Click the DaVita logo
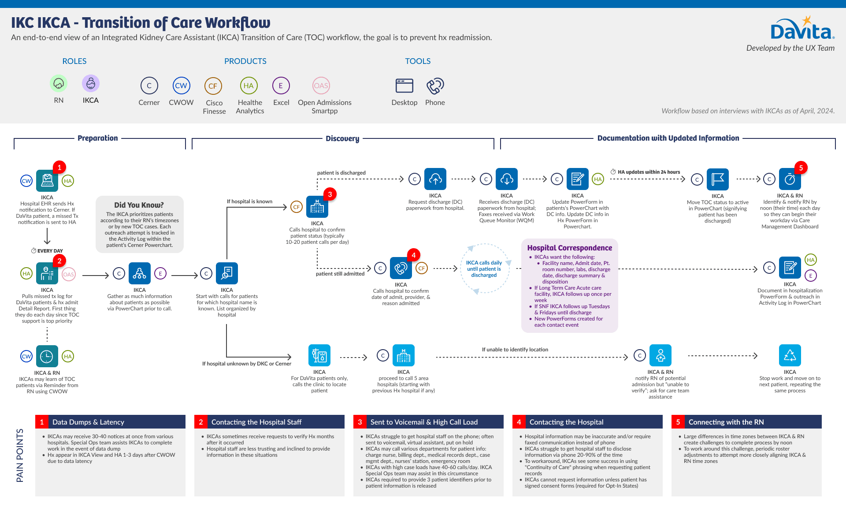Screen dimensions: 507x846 click(x=801, y=29)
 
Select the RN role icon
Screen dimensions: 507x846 click(x=59, y=83)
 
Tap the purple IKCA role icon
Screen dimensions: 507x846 click(x=91, y=83)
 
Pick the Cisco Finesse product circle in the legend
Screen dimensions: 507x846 click(x=213, y=86)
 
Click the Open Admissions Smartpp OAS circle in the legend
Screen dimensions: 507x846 click(x=321, y=86)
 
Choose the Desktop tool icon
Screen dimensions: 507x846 click(x=404, y=86)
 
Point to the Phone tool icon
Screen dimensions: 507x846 click(x=435, y=86)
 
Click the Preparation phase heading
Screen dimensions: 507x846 click(x=98, y=138)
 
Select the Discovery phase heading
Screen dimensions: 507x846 click(x=342, y=138)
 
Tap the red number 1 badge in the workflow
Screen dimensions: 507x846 click(x=59, y=168)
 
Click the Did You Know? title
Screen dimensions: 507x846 click(x=139, y=205)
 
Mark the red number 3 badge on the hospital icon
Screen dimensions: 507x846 click(x=330, y=194)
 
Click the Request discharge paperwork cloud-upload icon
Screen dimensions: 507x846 click(x=435, y=179)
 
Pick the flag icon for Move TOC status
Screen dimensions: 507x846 click(x=718, y=179)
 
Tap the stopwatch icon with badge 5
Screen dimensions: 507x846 click(x=790, y=179)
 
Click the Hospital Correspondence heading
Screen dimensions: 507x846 click(x=570, y=248)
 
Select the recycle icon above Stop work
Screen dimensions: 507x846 click(x=790, y=355)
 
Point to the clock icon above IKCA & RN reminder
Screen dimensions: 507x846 click(x=47, y=356)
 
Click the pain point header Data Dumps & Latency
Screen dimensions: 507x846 click(x=88, y=422)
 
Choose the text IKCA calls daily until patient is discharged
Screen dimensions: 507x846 click(x=484, y=269)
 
